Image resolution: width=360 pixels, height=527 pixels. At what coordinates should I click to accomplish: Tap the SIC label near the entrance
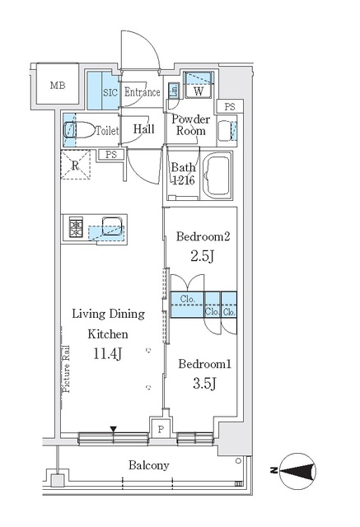tap(110, 93)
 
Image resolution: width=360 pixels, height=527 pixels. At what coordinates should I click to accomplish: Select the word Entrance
tap(142, 93)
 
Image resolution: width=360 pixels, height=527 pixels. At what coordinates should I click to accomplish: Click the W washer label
tap(199, 92)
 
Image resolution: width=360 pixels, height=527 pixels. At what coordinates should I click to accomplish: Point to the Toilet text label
tap(107, 130)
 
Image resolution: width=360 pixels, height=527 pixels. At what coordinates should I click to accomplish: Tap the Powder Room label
tap(190, 124)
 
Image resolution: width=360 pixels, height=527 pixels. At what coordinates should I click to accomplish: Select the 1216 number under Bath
tap(183, 182)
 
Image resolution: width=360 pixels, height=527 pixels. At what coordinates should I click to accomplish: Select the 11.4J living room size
tap(109, 354)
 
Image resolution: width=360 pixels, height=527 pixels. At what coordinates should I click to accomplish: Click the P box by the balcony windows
tap(161, 429)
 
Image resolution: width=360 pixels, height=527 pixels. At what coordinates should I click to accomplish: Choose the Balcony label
tap(148, 465)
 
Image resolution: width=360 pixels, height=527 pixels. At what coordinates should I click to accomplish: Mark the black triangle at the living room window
tap(114, 428)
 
